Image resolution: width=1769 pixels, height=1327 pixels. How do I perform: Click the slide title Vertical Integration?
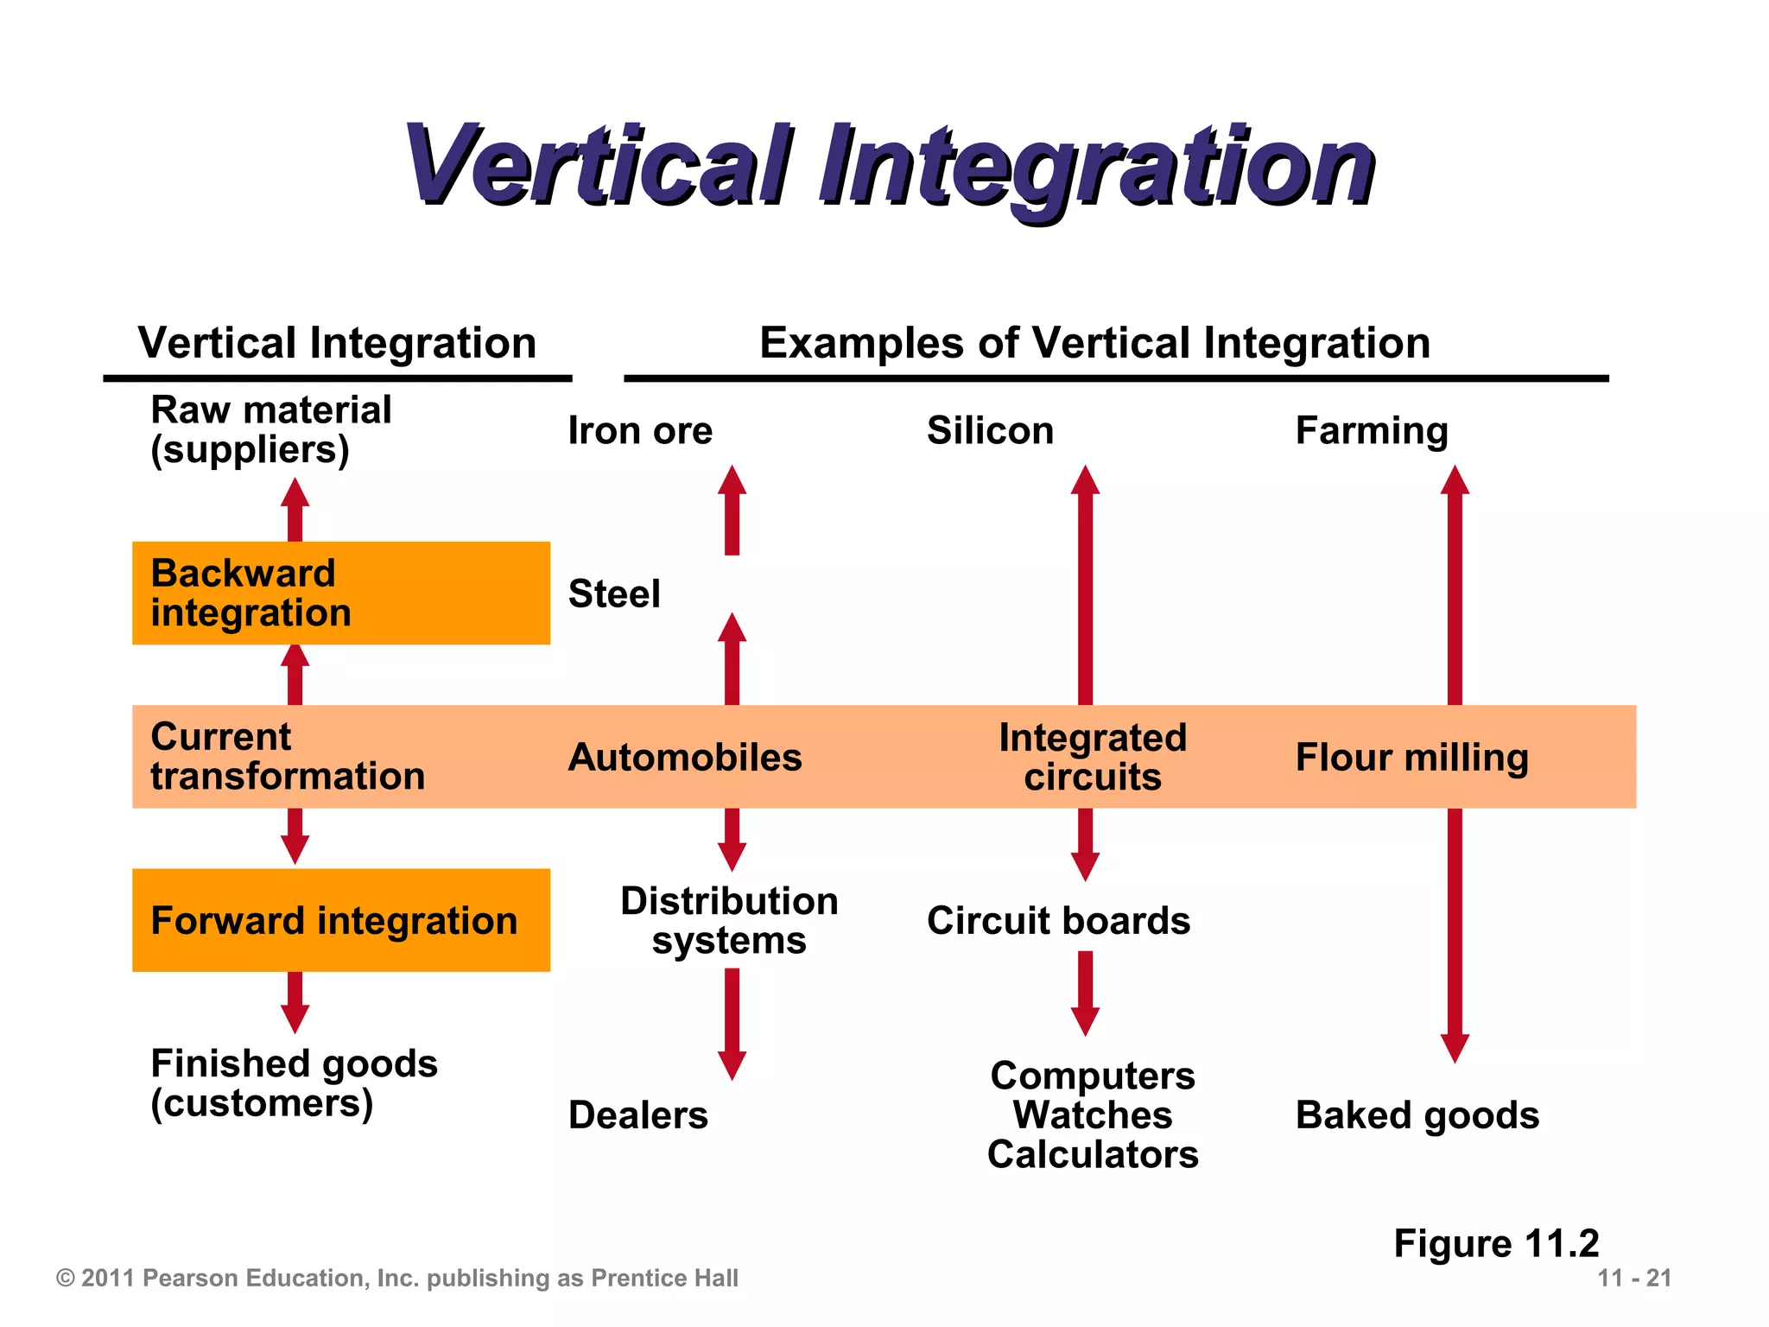click(x=890, y=166)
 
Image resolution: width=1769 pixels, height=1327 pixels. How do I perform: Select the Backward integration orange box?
click(x=340, y=593)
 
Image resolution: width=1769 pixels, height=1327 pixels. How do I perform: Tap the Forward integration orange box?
click(x=340, y=920)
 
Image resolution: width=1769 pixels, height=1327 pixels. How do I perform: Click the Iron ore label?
click(x=640, y=430)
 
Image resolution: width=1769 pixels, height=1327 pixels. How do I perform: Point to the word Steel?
click(x=614, y=594)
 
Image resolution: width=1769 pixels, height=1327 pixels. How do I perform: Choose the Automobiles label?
click(x=685, y=757)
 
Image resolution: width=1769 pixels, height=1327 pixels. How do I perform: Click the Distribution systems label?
click(x=730, y=920)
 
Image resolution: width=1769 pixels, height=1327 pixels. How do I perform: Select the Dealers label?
click(x=638, y=1114)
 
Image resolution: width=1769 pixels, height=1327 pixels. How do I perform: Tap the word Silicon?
click(x=990, y=430)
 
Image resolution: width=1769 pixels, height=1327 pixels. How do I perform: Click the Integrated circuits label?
click(x=1093, y=757)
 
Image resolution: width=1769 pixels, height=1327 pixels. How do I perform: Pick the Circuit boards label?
click(x=1058, y=920)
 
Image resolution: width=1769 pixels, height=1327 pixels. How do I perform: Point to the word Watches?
click(x=1093, y=1114)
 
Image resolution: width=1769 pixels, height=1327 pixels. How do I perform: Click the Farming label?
click(x=1372, y=430)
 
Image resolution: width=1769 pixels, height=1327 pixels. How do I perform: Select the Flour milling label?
click(x=1412, y=757)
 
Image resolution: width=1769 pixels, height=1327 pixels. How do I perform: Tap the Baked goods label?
click(x=1417, y=1114)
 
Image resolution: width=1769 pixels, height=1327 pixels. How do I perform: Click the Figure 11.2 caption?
click(x=1496, y=1243)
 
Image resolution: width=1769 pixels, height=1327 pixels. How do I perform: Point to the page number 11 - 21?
click(x=1634, y=1278)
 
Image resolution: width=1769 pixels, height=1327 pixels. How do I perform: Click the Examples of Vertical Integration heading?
click(x=1094, y=343)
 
